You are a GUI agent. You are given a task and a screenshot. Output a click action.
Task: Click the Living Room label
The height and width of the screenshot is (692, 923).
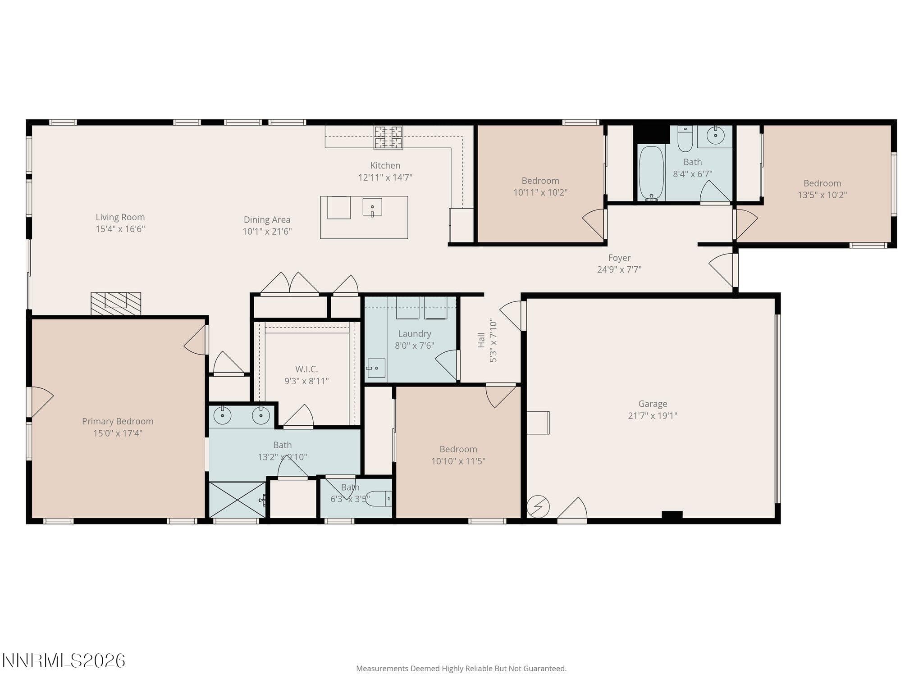pos(120,217)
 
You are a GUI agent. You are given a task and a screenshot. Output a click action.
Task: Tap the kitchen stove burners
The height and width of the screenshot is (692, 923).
pos(388,137)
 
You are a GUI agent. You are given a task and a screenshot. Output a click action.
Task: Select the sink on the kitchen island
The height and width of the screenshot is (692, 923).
pos(372,207)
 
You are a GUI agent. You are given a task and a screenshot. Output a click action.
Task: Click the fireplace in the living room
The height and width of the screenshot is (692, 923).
pos(116,304)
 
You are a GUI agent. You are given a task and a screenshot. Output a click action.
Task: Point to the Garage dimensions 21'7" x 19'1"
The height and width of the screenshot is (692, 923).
pos(653,415)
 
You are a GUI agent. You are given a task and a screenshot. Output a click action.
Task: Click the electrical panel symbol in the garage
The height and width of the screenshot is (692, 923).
pos(538,507)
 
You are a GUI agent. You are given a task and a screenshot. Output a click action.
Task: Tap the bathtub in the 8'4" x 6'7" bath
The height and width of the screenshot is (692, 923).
pos(651,173)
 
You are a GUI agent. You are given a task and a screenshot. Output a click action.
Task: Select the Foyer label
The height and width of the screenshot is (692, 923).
pos(619,258)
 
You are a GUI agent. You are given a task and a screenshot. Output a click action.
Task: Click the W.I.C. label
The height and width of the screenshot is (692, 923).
pos(306,369)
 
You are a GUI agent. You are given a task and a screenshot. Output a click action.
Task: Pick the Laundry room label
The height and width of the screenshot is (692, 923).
pos(415,334)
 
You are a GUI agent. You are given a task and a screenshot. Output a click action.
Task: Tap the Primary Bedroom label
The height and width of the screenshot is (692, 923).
pos(118,421)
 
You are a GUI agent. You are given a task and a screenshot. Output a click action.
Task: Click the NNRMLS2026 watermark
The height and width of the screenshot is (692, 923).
pos(64,661)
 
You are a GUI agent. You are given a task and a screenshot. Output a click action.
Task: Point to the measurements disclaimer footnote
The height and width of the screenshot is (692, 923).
pos(461,669)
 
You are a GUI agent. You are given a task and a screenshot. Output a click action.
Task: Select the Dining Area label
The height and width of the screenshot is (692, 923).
pos(267,220)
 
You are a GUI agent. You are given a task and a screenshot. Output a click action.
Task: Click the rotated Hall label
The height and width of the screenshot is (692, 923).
pos(481,340)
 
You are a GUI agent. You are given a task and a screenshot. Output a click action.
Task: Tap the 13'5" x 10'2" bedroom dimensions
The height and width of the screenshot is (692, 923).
pos(822,195)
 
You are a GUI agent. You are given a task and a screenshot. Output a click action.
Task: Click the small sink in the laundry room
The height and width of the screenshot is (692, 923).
pos(376,368)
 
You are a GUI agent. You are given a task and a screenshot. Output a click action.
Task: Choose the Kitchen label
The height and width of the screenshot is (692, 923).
pos(385,165)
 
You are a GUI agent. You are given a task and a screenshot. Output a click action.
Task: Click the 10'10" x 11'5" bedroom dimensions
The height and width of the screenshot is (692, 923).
pos(458,461)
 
